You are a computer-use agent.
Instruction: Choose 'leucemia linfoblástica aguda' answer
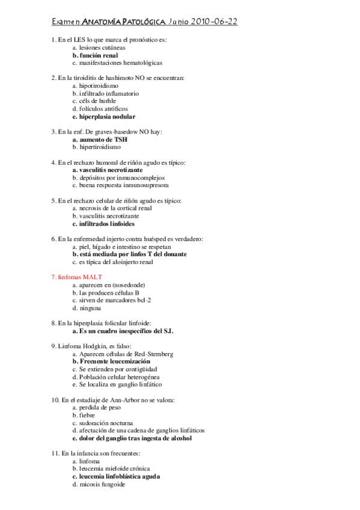click(x=119, y=476)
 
